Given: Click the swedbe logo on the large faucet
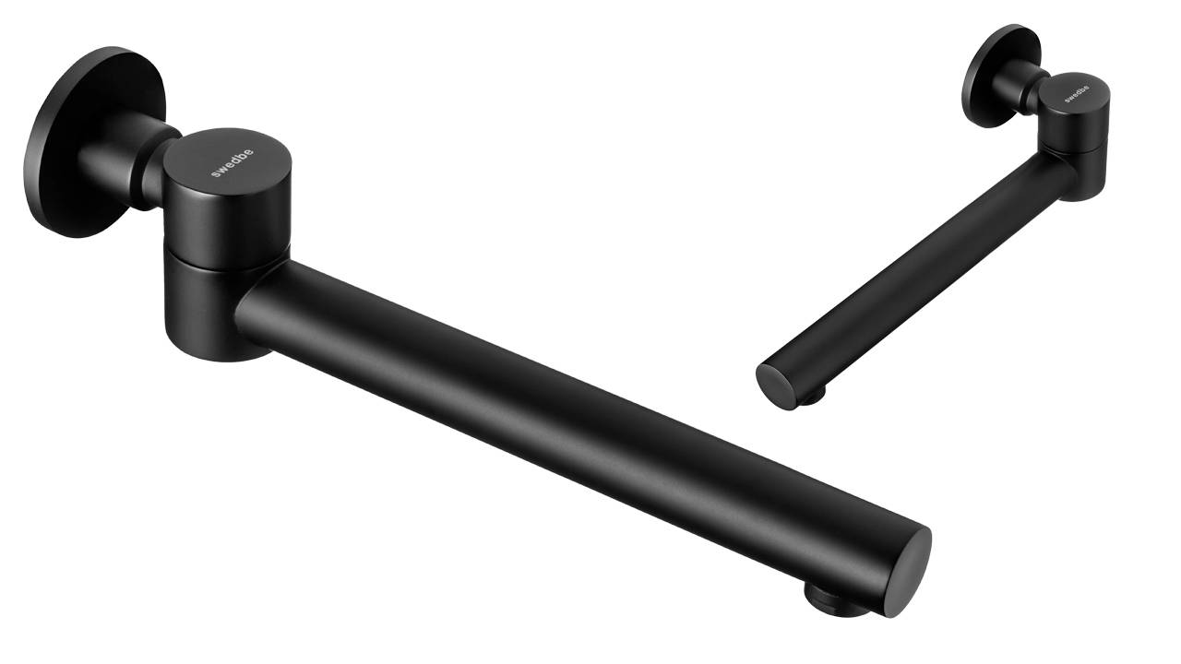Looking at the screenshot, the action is (x=232, y=163).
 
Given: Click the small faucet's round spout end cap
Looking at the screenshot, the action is (x=775, y=386).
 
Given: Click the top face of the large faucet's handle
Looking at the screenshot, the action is (x=227, y=162).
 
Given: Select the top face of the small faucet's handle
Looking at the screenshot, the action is (x=1076, y=93).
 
